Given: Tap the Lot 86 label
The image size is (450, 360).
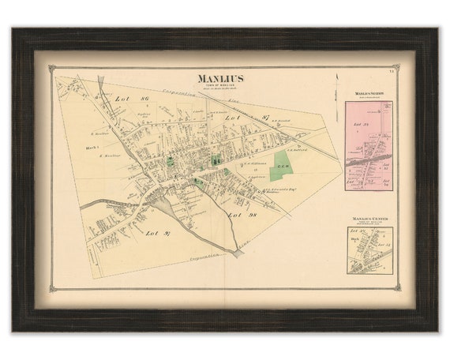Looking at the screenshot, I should tap(123, 100).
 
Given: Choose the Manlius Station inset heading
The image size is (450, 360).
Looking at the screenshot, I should tap(368, 94).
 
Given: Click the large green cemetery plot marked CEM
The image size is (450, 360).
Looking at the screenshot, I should tap(283, 167).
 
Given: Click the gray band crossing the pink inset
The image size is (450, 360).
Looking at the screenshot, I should tap(369, 162).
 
